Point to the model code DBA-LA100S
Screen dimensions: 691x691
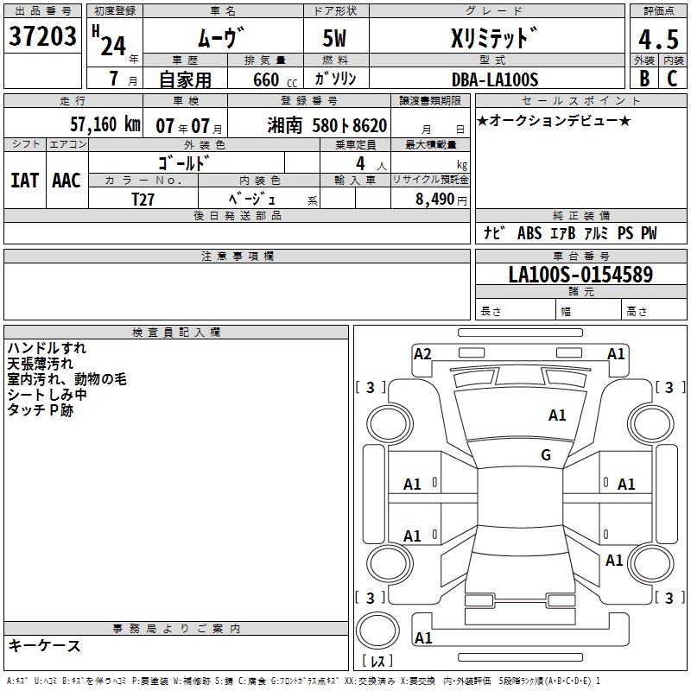(x=495, y=79)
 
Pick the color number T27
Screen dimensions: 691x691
(x=143, y=199)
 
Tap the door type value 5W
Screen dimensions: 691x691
(x=336, y=39)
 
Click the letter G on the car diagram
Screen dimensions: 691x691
(x=545, y=455)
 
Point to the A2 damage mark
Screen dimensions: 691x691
(x=422, y=353)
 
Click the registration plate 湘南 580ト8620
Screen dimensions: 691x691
(x=327, y=125)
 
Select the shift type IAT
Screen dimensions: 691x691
(x=24, y=180)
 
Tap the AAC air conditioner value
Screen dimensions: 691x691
(x=67, y=180)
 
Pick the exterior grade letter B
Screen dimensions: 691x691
(x=643, y=78)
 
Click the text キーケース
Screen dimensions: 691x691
(x=44, y=645)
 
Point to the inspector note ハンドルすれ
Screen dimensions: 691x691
(x=47, y=348)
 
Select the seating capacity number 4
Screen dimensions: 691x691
(x=358, y=162)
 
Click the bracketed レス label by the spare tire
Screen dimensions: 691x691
(x=377, y=662)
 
